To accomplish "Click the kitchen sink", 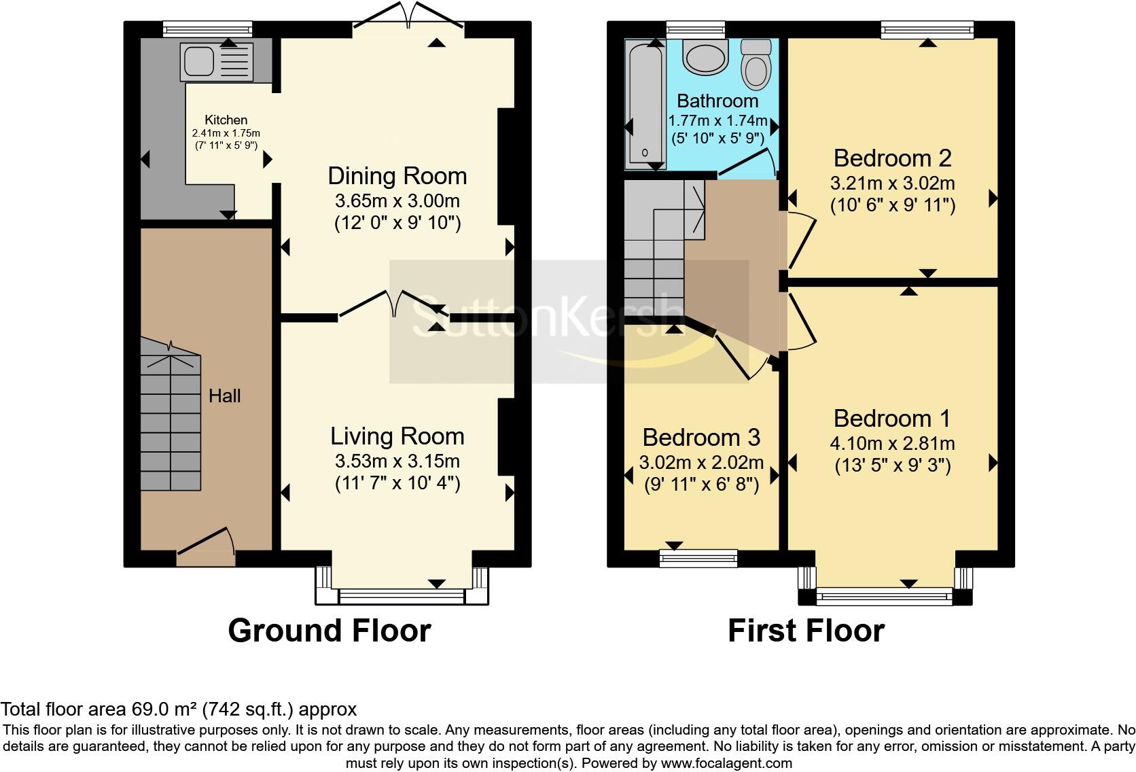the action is (x=217, y=62).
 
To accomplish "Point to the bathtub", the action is (x=645, y=104).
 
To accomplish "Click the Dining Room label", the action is (x=397, y=176).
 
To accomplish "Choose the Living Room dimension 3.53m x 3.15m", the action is (x=397, y=461).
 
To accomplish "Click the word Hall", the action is (x=225, y=396).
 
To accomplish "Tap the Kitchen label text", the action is (x=226, y=120).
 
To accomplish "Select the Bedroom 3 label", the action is (x=701, y=437).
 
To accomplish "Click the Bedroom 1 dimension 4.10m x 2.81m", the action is (x=892, y=443).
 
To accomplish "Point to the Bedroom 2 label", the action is (x=892, y=158).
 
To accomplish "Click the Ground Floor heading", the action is (x=330, y=631).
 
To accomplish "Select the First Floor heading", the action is (x=806, y=631).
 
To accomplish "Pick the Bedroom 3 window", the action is (x=698, y=558).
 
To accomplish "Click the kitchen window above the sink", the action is (x=207, y=29).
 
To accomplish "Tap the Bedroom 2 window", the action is (x=927, y=29).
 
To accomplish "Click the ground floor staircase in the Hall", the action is (x=171, y=415).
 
